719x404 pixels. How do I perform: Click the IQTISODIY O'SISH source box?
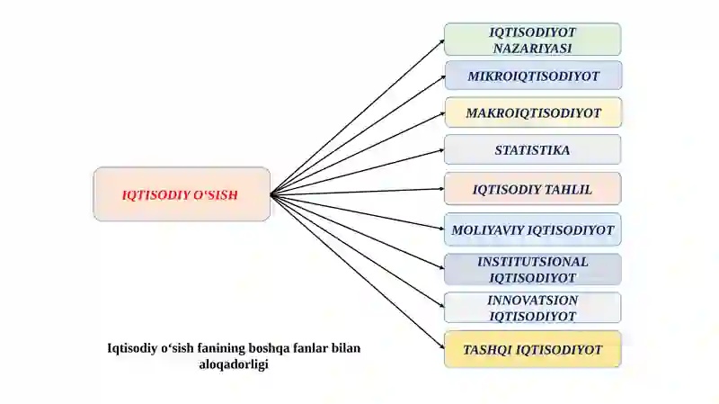(x=182, y=194)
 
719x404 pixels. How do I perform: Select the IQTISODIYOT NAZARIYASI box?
(x=532, y=40)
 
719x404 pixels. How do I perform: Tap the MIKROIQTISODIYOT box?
(x=533, y=76)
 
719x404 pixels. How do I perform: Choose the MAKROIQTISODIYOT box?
(x=533, y=112)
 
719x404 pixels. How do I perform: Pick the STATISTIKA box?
(x=532, y=149)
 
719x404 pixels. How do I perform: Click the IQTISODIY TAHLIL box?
(x=532, y=189)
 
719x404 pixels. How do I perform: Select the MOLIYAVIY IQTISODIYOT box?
(x=532, y=229)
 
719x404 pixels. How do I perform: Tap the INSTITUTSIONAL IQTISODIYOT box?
(x=532, y=270)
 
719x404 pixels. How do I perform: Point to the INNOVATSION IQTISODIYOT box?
(x=532, y=308)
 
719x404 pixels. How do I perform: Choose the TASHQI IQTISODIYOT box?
(x=532, y=349)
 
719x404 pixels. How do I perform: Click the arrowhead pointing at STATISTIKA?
(x=441, y=150)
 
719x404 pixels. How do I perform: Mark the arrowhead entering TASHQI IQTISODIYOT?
(x=441, y=346)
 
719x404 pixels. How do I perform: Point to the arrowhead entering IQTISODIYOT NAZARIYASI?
(x=442, y=42)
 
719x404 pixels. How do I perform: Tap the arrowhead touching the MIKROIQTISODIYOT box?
(x=442, y=77)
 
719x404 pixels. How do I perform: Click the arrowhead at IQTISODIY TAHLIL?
(x=441, y=189)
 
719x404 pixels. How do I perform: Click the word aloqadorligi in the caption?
(x=234, y=364)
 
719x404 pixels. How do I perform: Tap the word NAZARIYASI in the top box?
(x=532, y=49)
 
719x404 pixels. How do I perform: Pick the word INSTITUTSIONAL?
(x=532, y=262)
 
